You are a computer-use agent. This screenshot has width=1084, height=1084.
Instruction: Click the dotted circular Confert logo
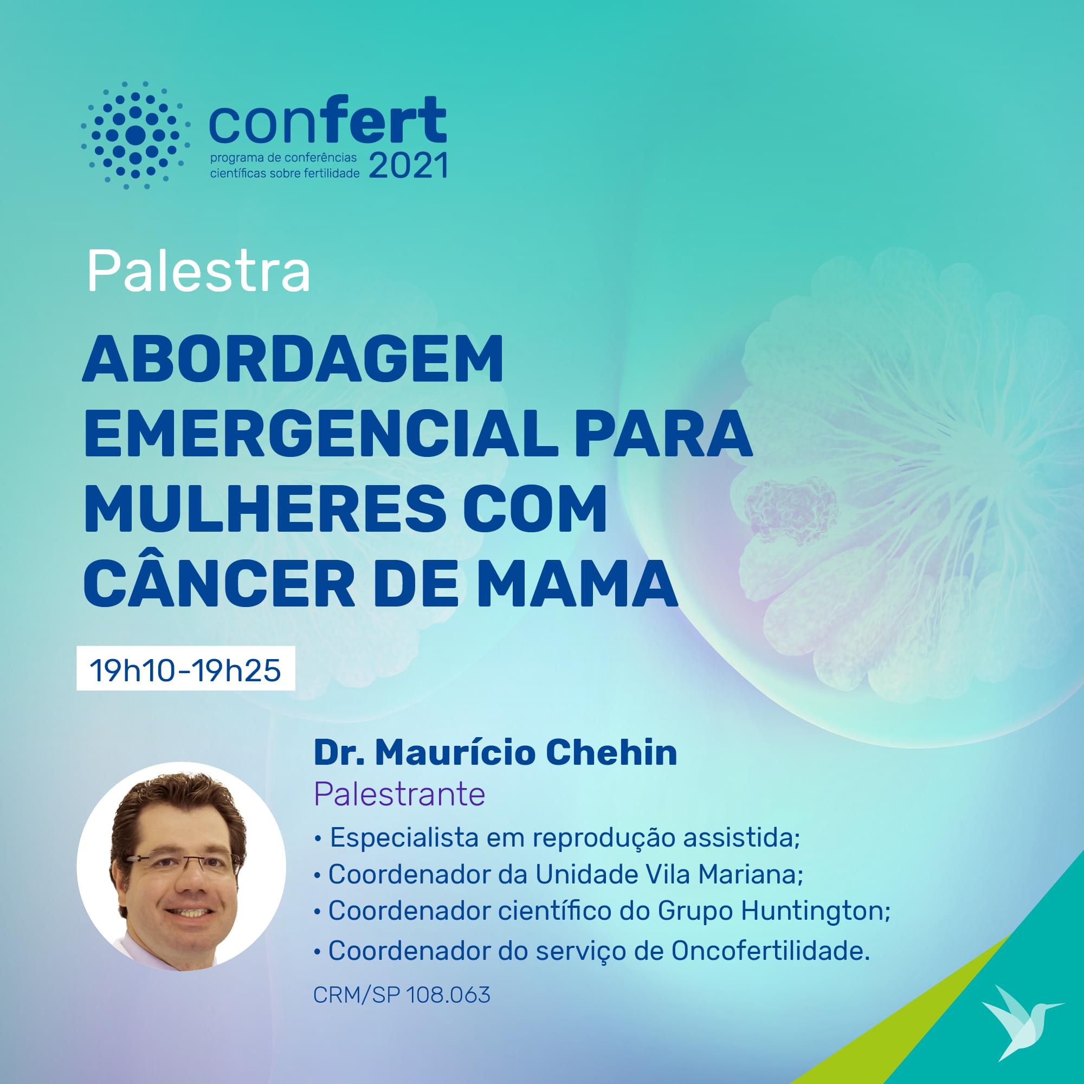coord(135,135)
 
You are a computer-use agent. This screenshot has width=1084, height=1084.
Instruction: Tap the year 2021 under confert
coord(408,165)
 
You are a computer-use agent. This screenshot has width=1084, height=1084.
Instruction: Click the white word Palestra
coord(198,272)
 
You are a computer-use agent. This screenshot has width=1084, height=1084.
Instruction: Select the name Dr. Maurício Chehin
coord(495,752)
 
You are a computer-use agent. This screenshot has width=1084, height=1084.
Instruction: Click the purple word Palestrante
coord(399,795)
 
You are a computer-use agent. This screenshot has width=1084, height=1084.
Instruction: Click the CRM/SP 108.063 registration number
coord(402,995)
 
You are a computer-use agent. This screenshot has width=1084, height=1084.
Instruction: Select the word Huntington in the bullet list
coord(815,910)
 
